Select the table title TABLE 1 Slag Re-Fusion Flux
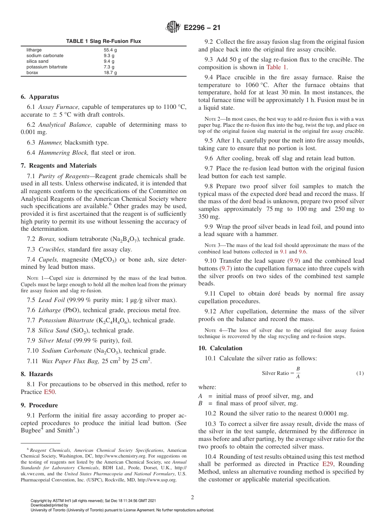pyautogui.click(x=103, y=42)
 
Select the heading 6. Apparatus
pyautogui.click(x=40, y=97)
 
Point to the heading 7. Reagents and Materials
pyautogui.click(x=59, y=166)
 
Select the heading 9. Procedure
pyautogui.click(x=39, y=405)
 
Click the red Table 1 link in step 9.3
pyautogui.click(x=276, y=67)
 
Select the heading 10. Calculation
pyautogui.click(x=220, y=348)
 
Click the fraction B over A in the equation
pyautogui.click(x=298, y=373)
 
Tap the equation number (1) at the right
pyautogui.click(x=360, y=373)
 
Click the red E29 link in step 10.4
pyautogui.click(x=327, y=464)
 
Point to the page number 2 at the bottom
pyautogui.click(x=192, y=497)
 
